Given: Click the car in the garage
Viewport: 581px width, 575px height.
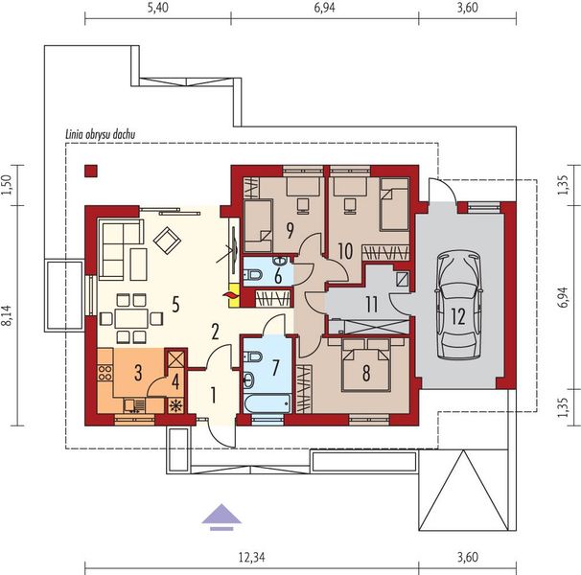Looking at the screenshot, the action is tap(458, 306).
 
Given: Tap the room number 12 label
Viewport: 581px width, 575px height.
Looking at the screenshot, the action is tap(458, 317).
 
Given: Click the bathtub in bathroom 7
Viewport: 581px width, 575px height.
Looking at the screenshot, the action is tap(267, 403).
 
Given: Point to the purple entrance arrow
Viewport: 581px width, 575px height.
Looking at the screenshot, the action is tap(221, 517).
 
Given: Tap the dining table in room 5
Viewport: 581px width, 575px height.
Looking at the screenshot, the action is tap(131, 318).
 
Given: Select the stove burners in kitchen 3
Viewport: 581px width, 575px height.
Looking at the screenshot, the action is tap(105, 373).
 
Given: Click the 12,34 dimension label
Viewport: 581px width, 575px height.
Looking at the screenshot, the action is tap(251, 558).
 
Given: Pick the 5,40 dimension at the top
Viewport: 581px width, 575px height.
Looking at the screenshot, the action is tap(158, 8).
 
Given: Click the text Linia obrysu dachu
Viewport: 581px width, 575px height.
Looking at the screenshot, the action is tap(100, 134).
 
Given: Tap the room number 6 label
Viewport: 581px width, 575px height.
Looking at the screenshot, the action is tap(278, 276).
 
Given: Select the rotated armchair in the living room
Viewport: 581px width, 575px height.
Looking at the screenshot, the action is tap(167, 241).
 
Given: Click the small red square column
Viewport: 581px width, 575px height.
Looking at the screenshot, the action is tap(91, 171).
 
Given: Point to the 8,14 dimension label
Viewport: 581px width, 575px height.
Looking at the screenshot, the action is tap(9, 315).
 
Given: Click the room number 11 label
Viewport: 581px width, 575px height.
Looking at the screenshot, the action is tap(372, 305).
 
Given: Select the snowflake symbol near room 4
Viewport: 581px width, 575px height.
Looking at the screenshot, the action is tap(174, 406).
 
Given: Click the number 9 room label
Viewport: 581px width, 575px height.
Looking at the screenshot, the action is tap(290, 230).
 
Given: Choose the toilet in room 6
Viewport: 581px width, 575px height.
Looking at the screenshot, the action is tap(252, 275).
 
